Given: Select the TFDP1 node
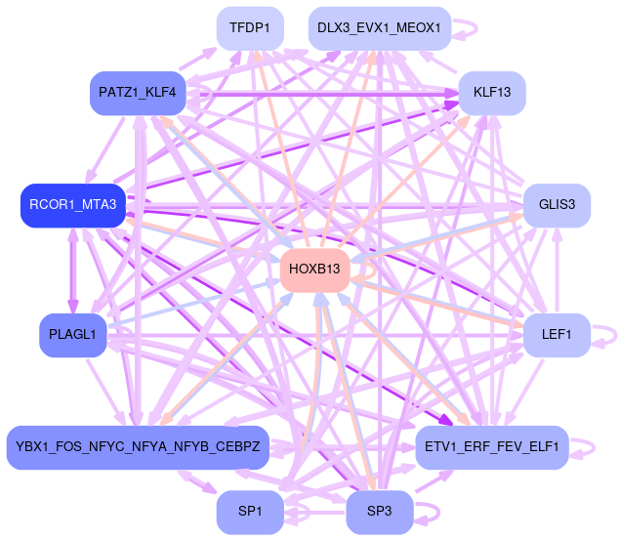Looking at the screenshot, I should pyautogui.click(x=250, y=27).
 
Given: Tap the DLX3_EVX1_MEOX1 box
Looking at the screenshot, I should pyautogui.click(x=380, y=27).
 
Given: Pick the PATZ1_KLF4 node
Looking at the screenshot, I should pyautogui.click(x=138, y=93).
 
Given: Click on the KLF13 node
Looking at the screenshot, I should pyautogui.click(x=492, y=93).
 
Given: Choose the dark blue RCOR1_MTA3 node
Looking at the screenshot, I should pyautogui.click(x=73, y=204).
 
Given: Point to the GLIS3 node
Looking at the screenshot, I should pyautogui.click(x=557, y=204).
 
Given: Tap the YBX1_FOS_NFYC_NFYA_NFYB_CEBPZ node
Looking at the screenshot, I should pyautogui.click(x=138, y=447).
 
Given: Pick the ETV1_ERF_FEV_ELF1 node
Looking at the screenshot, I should pyautogui.click(x=492, y=447).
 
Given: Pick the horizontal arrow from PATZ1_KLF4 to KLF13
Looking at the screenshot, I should pyautogui.click(x=322, y=95).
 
